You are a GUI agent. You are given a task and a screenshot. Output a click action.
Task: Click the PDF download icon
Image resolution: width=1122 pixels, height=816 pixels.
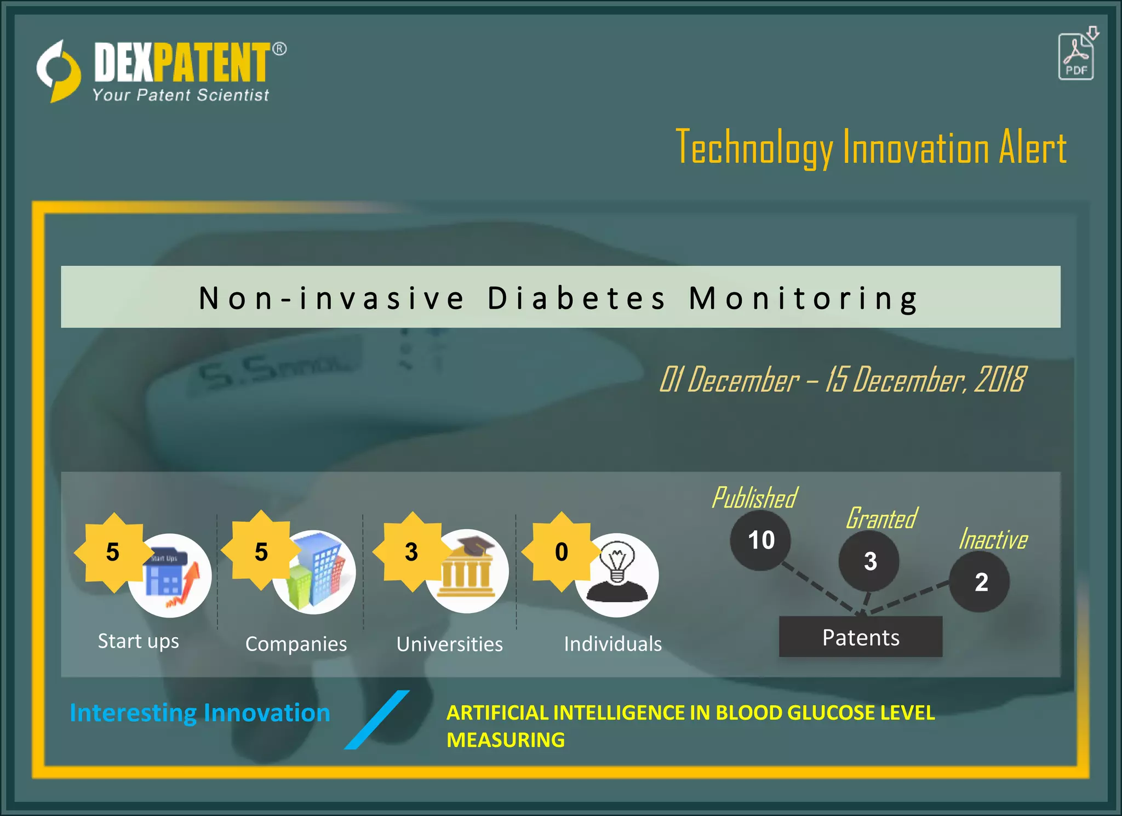pyautogui.click(x=1077, y=55)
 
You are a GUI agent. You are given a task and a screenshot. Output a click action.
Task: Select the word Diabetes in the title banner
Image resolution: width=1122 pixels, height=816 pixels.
pyautogui.click(x=576, y=298)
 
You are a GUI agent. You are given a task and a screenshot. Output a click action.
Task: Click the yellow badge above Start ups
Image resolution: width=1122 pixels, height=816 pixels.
pyautogui.click(x=113, y=552)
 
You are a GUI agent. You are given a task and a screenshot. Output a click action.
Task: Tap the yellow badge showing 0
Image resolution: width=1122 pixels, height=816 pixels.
pyautogui.click(x=561, y=552)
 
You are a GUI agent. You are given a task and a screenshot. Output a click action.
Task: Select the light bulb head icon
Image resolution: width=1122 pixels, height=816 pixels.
pyautogui.click(x=617, y=574)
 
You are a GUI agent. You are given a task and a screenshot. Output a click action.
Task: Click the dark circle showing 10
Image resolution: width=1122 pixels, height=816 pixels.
pyautogui.click(x=760, y=540)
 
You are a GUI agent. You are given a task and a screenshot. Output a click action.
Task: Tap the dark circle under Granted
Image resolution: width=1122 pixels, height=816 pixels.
pyautogui.click(x=869, y=561)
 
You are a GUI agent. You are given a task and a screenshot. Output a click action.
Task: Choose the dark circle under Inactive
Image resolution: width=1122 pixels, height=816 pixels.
pyautogui.click(x=980, y=582)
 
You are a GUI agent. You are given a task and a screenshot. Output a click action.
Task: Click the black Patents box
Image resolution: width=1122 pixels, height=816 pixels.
pyautogui.click(x=861, y=637)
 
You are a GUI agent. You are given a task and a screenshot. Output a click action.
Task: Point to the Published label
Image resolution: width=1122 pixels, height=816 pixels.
pyautogui.click(x=754, y=498)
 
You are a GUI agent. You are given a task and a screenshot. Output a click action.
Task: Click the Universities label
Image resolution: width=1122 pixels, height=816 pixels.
pyautogui.click(x=449, y=644)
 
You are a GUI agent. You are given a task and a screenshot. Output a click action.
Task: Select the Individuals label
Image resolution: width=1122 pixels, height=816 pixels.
pyautogui.click(x=613, y=644)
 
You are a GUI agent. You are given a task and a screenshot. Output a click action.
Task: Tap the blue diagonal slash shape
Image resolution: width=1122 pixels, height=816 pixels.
pyautogui.click(x=377, y=720)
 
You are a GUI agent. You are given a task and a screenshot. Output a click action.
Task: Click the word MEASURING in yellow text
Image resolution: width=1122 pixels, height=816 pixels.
pyautogui.click(x=505, y=740)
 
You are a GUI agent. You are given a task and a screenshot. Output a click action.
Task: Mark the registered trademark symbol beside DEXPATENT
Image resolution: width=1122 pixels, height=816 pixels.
pyautogui.click(x=279, y=49)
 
